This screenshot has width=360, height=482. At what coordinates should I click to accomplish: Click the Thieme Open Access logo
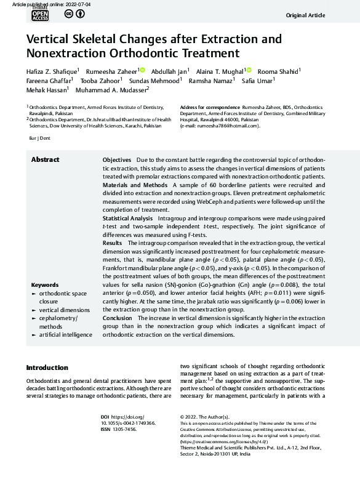tap(39, 15)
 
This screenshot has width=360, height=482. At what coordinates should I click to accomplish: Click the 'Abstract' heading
tap(46, 159)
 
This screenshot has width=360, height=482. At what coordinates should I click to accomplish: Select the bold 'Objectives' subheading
tap(116, 159)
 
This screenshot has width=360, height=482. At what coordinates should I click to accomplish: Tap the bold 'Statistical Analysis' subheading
tap(127, 218)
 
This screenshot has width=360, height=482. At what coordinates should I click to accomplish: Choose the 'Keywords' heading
tap(44, 285)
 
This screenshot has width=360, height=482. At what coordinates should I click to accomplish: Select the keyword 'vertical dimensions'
tap(64, 310)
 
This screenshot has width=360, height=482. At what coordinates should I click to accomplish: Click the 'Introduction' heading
tap(47, 368)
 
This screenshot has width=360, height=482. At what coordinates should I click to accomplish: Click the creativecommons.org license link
tap(222, 442)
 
